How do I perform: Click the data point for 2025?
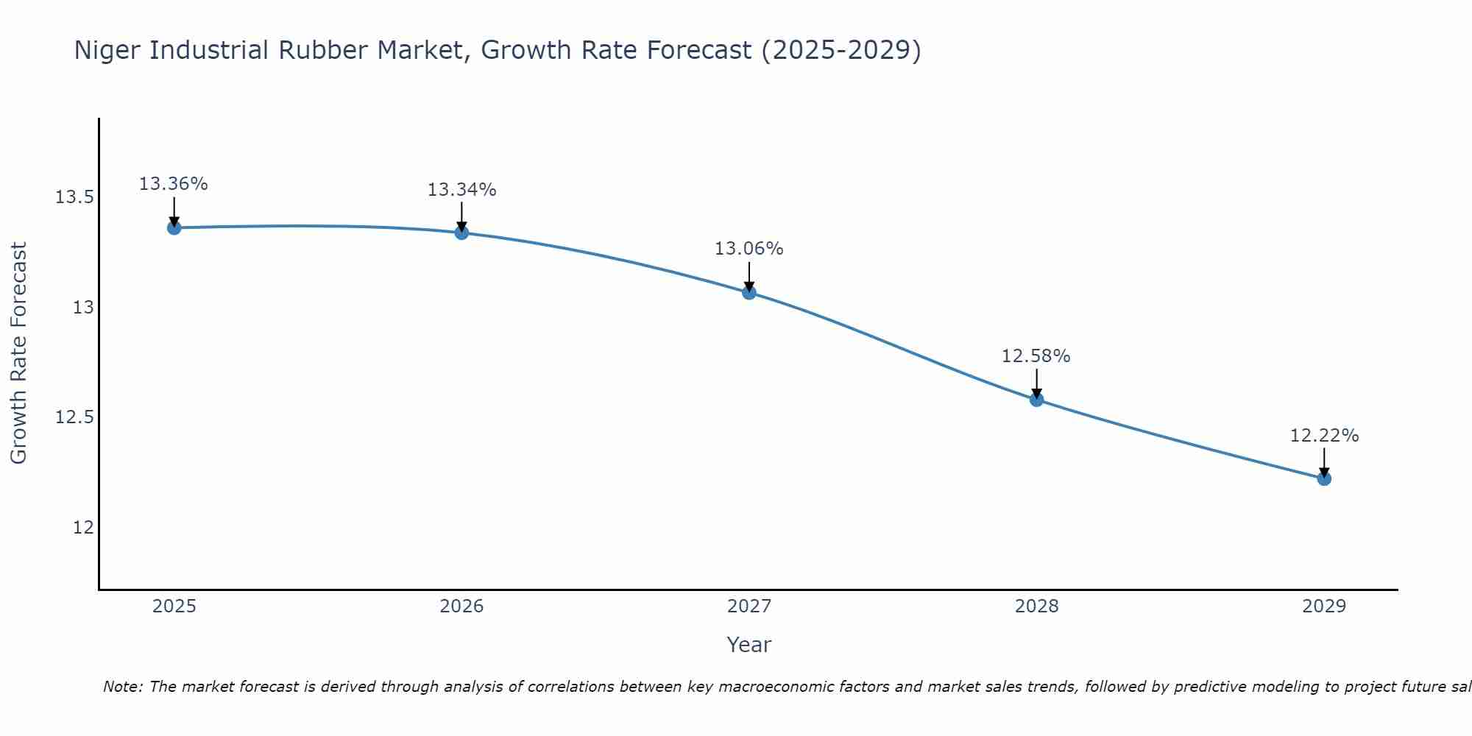coord(174,227)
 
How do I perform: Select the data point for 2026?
coord(461,233)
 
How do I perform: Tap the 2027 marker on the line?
coord(749,292)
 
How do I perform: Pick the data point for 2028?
coord(1036,400)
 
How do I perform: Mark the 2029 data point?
coord(1324,478)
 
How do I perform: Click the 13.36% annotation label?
coord(174,184)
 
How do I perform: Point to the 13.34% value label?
coord(461,190)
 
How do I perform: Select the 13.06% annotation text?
coord(749,249)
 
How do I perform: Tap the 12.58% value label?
coord(1036,356)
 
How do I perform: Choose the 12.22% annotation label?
coord(1324,436)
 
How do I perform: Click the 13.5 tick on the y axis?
coord(75,197)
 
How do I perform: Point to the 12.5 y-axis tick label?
coord(75,417)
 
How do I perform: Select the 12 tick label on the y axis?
coord(83,528)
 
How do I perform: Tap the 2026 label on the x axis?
coord(461,606)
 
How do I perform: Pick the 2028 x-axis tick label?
coord(1036,606)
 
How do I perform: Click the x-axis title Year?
coord(749,645)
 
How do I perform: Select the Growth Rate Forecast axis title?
coord(18,353)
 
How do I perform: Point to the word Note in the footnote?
coord(122,687)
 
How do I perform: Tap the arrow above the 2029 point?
coord(1324,461)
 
